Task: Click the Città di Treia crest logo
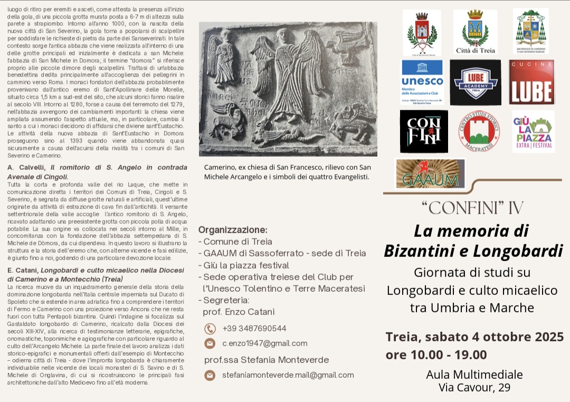click(475, 32)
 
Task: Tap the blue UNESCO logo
click(422, 82)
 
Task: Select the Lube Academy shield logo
click(475, 82)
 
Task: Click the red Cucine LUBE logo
click(531, 82)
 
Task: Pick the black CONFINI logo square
click(424, 131)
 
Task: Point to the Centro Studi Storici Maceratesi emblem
click(479, 131)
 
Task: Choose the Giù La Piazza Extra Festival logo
click(533, 131)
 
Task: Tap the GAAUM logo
click(430, 174)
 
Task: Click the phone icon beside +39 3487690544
click(210, 329)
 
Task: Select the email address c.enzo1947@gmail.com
click(264, 343)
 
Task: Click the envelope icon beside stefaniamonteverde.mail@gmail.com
click(210, 375)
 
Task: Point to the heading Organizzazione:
click(233, 230)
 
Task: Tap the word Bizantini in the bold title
click(417, 251)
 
